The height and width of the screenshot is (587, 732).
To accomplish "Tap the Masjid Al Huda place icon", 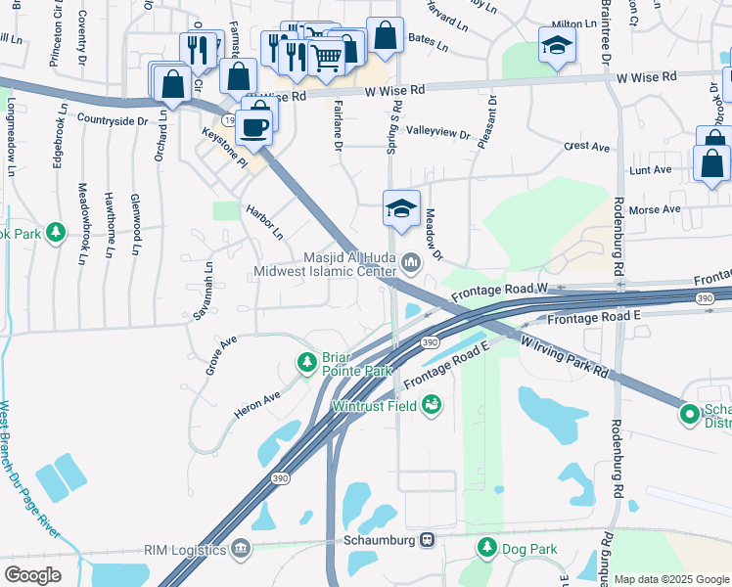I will click(x=411, y=260).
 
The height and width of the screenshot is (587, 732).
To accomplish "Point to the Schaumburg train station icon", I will click(x=427, y=540).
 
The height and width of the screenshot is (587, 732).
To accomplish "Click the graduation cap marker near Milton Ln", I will click(x=557, y=45).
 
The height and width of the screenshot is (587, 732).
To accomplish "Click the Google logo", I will click(x=33, y=574).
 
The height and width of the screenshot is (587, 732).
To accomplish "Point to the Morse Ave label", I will click(x=656, y=209).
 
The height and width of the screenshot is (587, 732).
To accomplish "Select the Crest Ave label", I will click(x=587, y=147).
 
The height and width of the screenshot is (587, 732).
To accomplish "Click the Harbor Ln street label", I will click(x=264, y=222).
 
